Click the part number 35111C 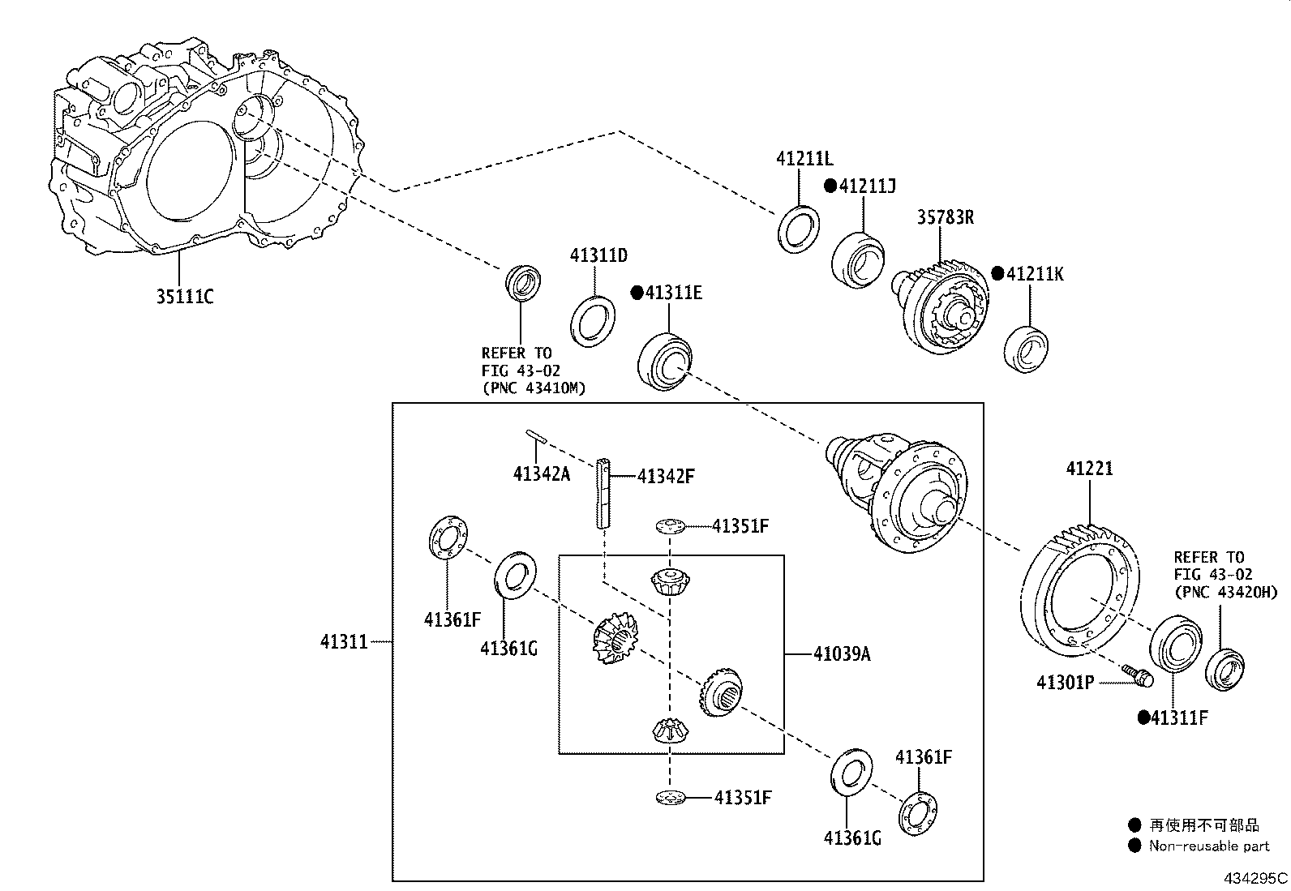[184, 297]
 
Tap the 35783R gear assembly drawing [942, 308]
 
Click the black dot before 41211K [997, 273]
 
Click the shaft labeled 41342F [603, 494]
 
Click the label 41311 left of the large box [345, 642]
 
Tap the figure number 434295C [1255, 878]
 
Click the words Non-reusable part [1209, 846]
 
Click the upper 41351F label [741, 526]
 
